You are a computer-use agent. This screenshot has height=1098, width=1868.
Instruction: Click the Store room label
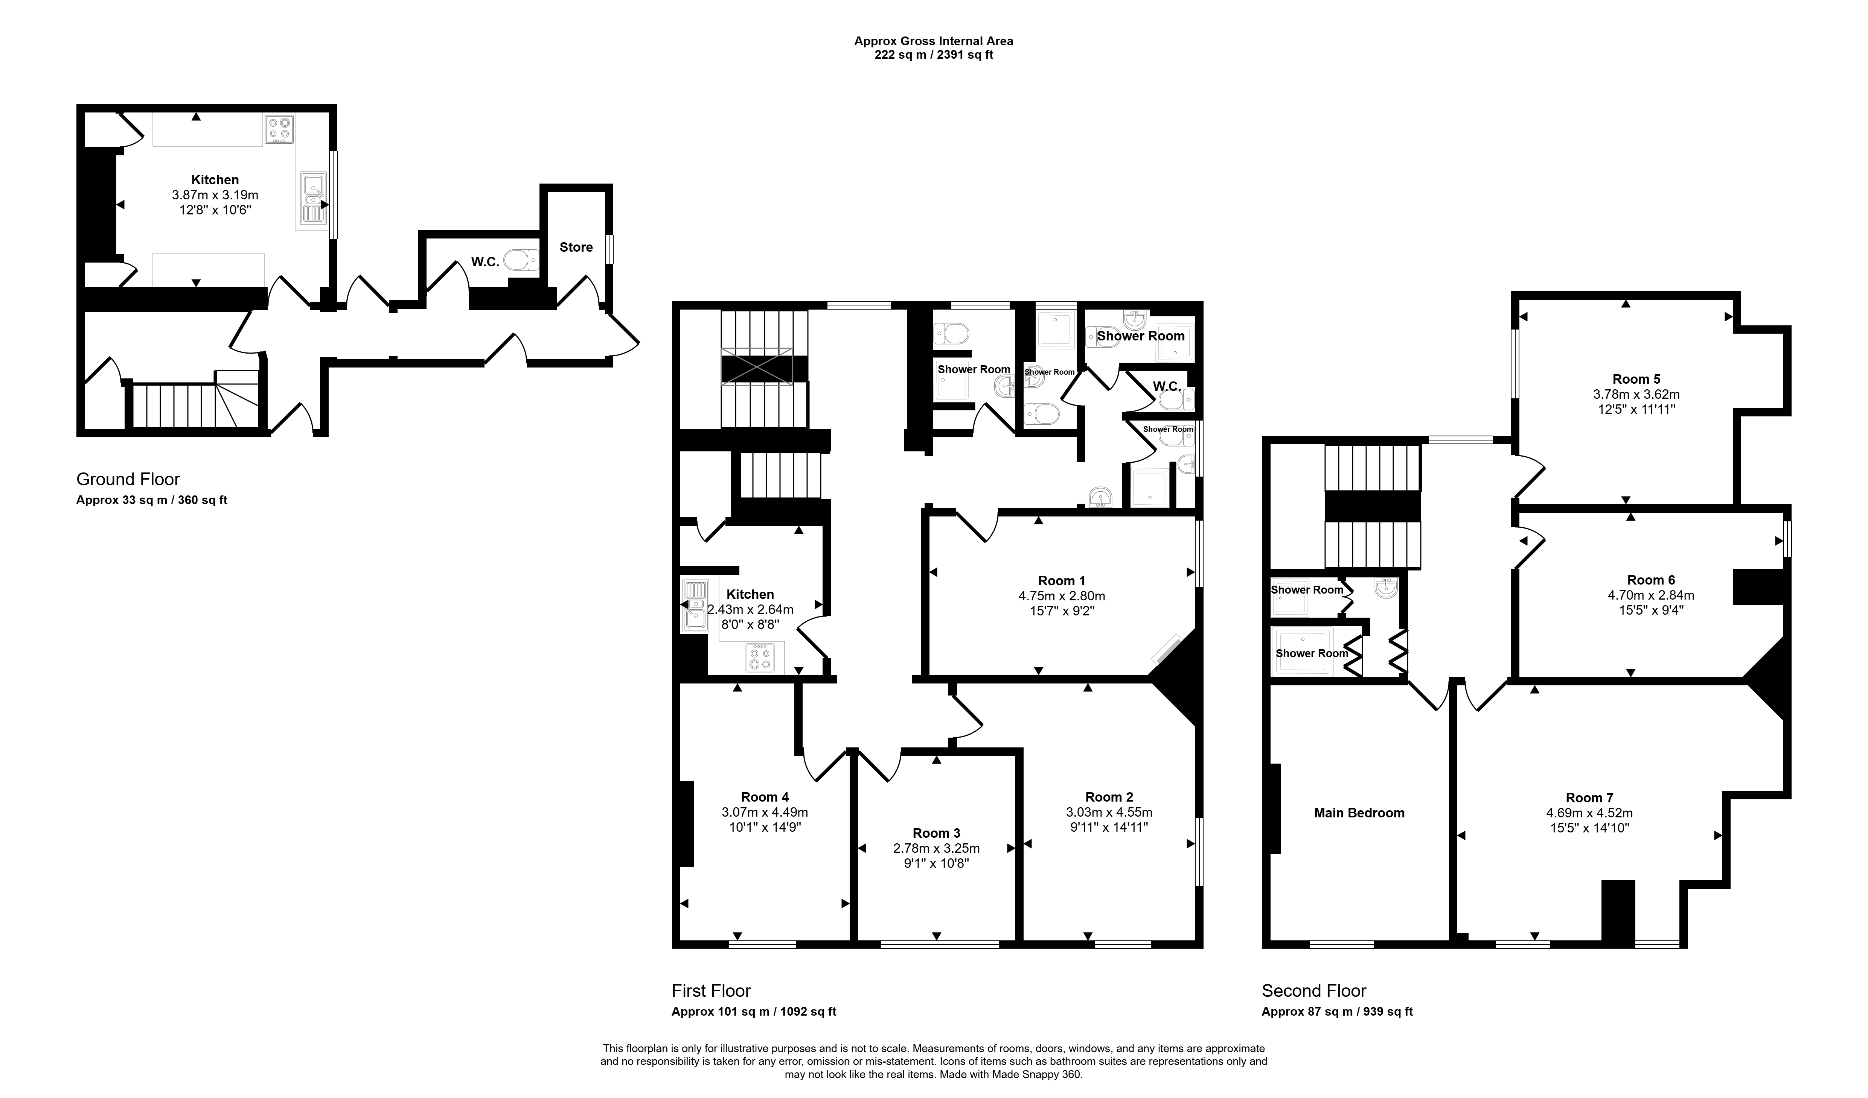click(576, 248)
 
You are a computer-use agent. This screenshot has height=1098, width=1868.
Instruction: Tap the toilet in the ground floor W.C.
click(521, 260)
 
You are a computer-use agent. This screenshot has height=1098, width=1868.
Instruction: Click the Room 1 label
click(1062, 581)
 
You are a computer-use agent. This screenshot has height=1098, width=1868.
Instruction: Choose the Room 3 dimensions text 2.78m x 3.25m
click(936, 848)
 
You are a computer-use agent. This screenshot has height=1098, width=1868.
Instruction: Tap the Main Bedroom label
click(1359, 813)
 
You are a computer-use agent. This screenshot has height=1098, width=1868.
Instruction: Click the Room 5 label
click(1636, 379)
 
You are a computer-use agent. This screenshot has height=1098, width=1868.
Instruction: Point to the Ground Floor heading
click(128, 479)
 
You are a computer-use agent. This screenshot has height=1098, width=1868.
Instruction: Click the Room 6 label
click(1651, 580)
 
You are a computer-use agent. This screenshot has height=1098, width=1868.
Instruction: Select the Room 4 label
click(765, 797)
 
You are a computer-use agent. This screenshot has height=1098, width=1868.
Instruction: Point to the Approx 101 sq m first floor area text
click(754, 1011)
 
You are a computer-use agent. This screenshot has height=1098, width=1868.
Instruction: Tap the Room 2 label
click(1109, 797)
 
